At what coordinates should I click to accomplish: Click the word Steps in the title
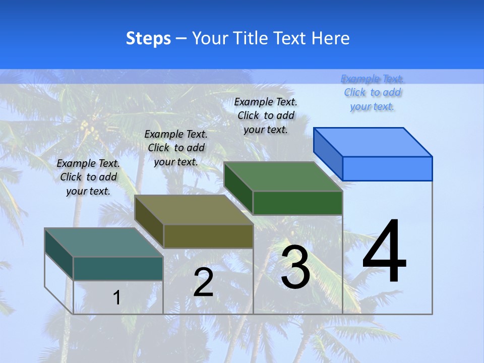coord(148,38)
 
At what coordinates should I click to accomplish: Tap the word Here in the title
coord(331,38)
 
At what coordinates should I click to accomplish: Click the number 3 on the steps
coord(295,267)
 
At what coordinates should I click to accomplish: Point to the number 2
coord(203,282)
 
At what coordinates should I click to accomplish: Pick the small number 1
coord(116,297)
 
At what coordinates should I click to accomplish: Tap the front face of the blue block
coord(387,168)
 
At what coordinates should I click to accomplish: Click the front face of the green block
coord(297,203)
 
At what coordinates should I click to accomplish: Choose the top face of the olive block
coord(194,210)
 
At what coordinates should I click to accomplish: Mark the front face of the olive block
coord(208,236)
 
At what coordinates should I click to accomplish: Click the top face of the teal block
coord(104,243)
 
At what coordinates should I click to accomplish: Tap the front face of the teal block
coord(118,268)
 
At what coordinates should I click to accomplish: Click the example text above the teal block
coord(88,177)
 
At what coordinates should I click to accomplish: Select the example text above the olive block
coord(176,148)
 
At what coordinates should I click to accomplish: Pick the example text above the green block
coord(266,115)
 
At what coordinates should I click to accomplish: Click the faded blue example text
coord(373,92)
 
